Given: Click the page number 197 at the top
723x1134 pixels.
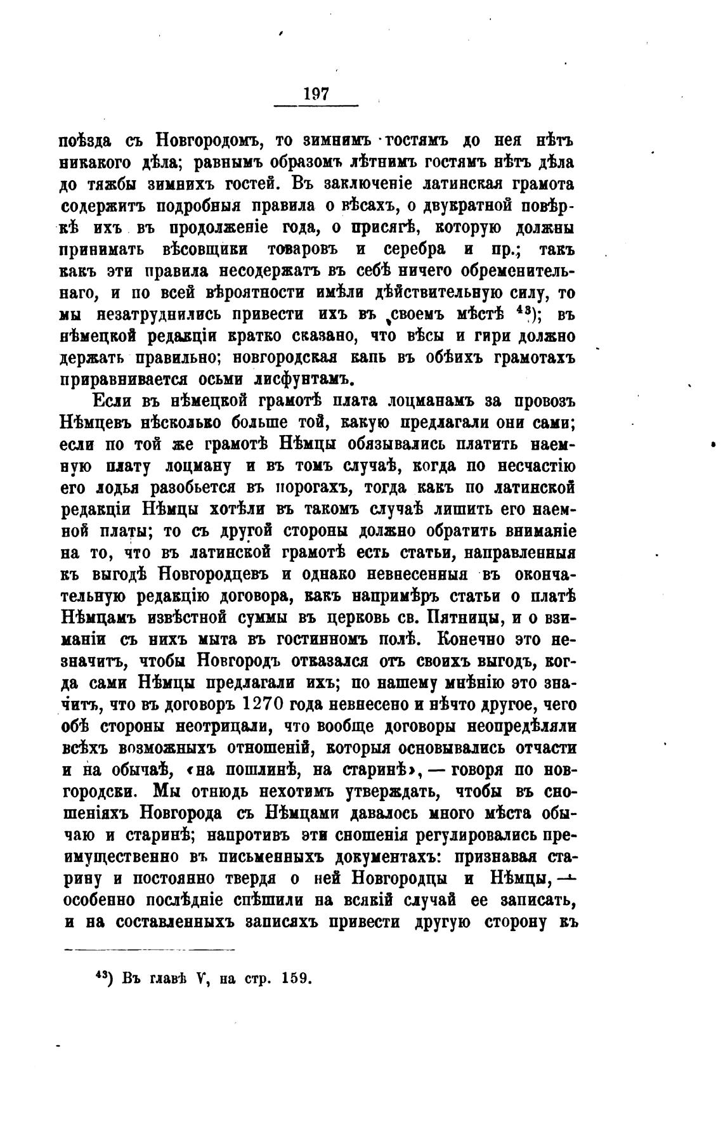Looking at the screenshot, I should (316, 94).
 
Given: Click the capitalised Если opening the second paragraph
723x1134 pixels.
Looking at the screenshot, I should (113, 401).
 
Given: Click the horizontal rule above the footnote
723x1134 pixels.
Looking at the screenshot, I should (150, 949).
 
